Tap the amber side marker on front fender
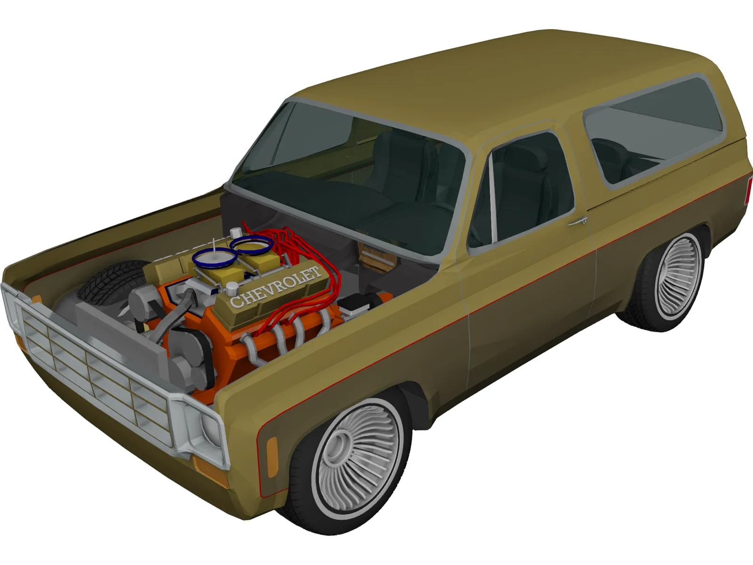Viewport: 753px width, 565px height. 272,452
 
